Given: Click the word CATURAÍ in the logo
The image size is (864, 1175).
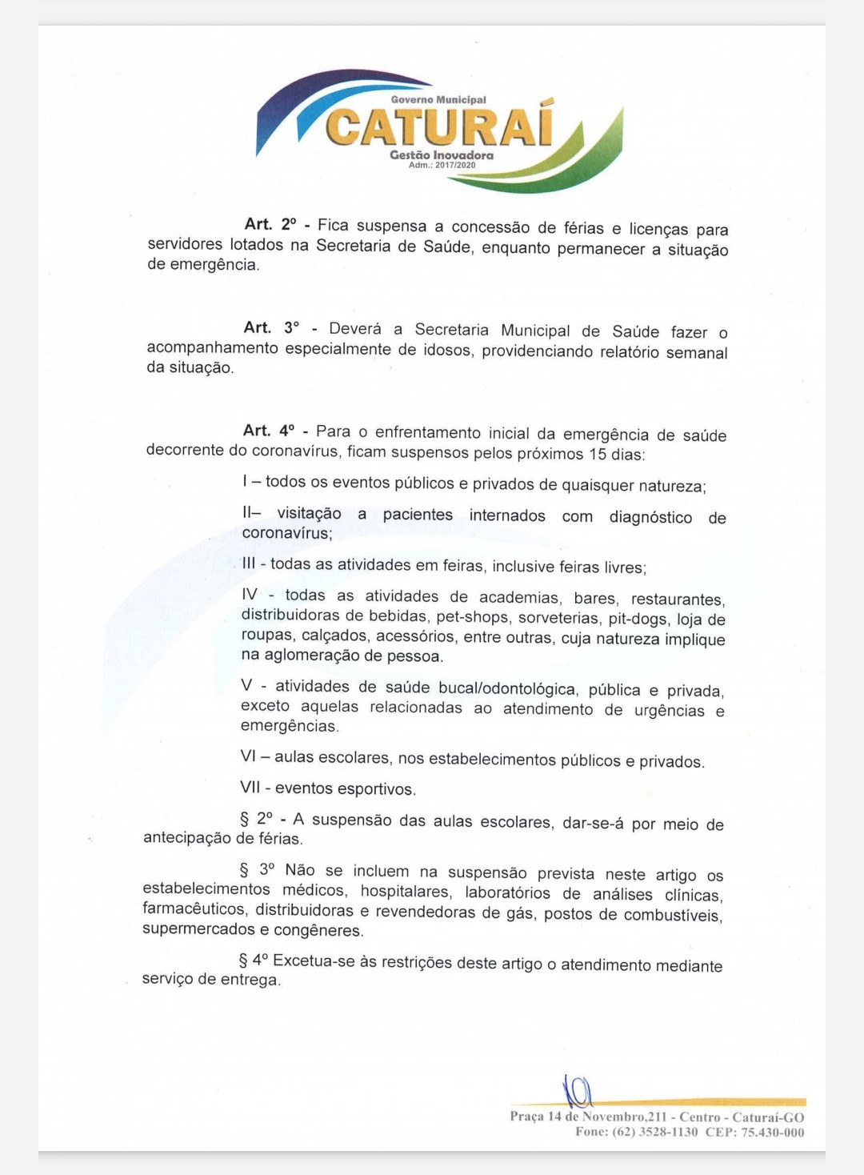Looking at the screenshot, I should click(x=439, y=126).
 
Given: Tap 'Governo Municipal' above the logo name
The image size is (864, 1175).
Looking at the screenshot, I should click(x=438, y=100).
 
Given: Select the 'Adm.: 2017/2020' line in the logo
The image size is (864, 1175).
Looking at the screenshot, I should click(x=442, y=165).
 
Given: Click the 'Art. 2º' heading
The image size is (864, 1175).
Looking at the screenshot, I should click(x=270, y=225).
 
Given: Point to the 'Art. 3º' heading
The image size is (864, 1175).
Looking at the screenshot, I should click(x=271, y=328).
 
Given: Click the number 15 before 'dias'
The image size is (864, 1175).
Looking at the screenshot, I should click(x=598, y=454).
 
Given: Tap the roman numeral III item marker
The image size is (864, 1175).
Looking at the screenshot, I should click(x=248, y=563).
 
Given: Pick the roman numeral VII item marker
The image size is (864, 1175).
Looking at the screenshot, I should click(x=250, y=788).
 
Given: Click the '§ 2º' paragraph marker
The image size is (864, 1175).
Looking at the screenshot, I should click(x=256, y=819).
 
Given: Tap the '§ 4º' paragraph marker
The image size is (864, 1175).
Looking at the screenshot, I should click(x=254, y=960).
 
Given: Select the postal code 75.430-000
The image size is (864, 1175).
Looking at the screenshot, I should click(x=772, y=1132).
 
